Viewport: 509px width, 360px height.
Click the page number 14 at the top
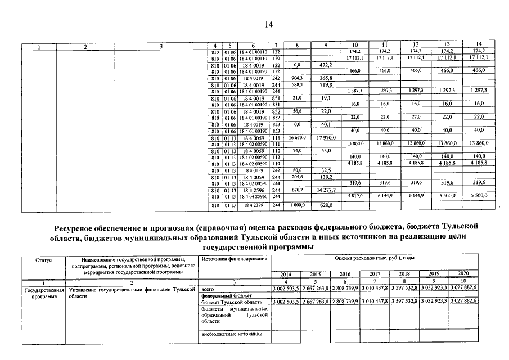pyautogui.click(x=268, y=24)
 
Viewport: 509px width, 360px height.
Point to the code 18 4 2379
pyautogui.click(x=253, y=206)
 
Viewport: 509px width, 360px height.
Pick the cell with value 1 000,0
pyautogui.click(x=298, y=206)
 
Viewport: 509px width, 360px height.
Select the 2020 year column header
pyautogui.click(x=464, y=274)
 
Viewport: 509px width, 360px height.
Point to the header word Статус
pyautogui.click(x=43, y=259)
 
